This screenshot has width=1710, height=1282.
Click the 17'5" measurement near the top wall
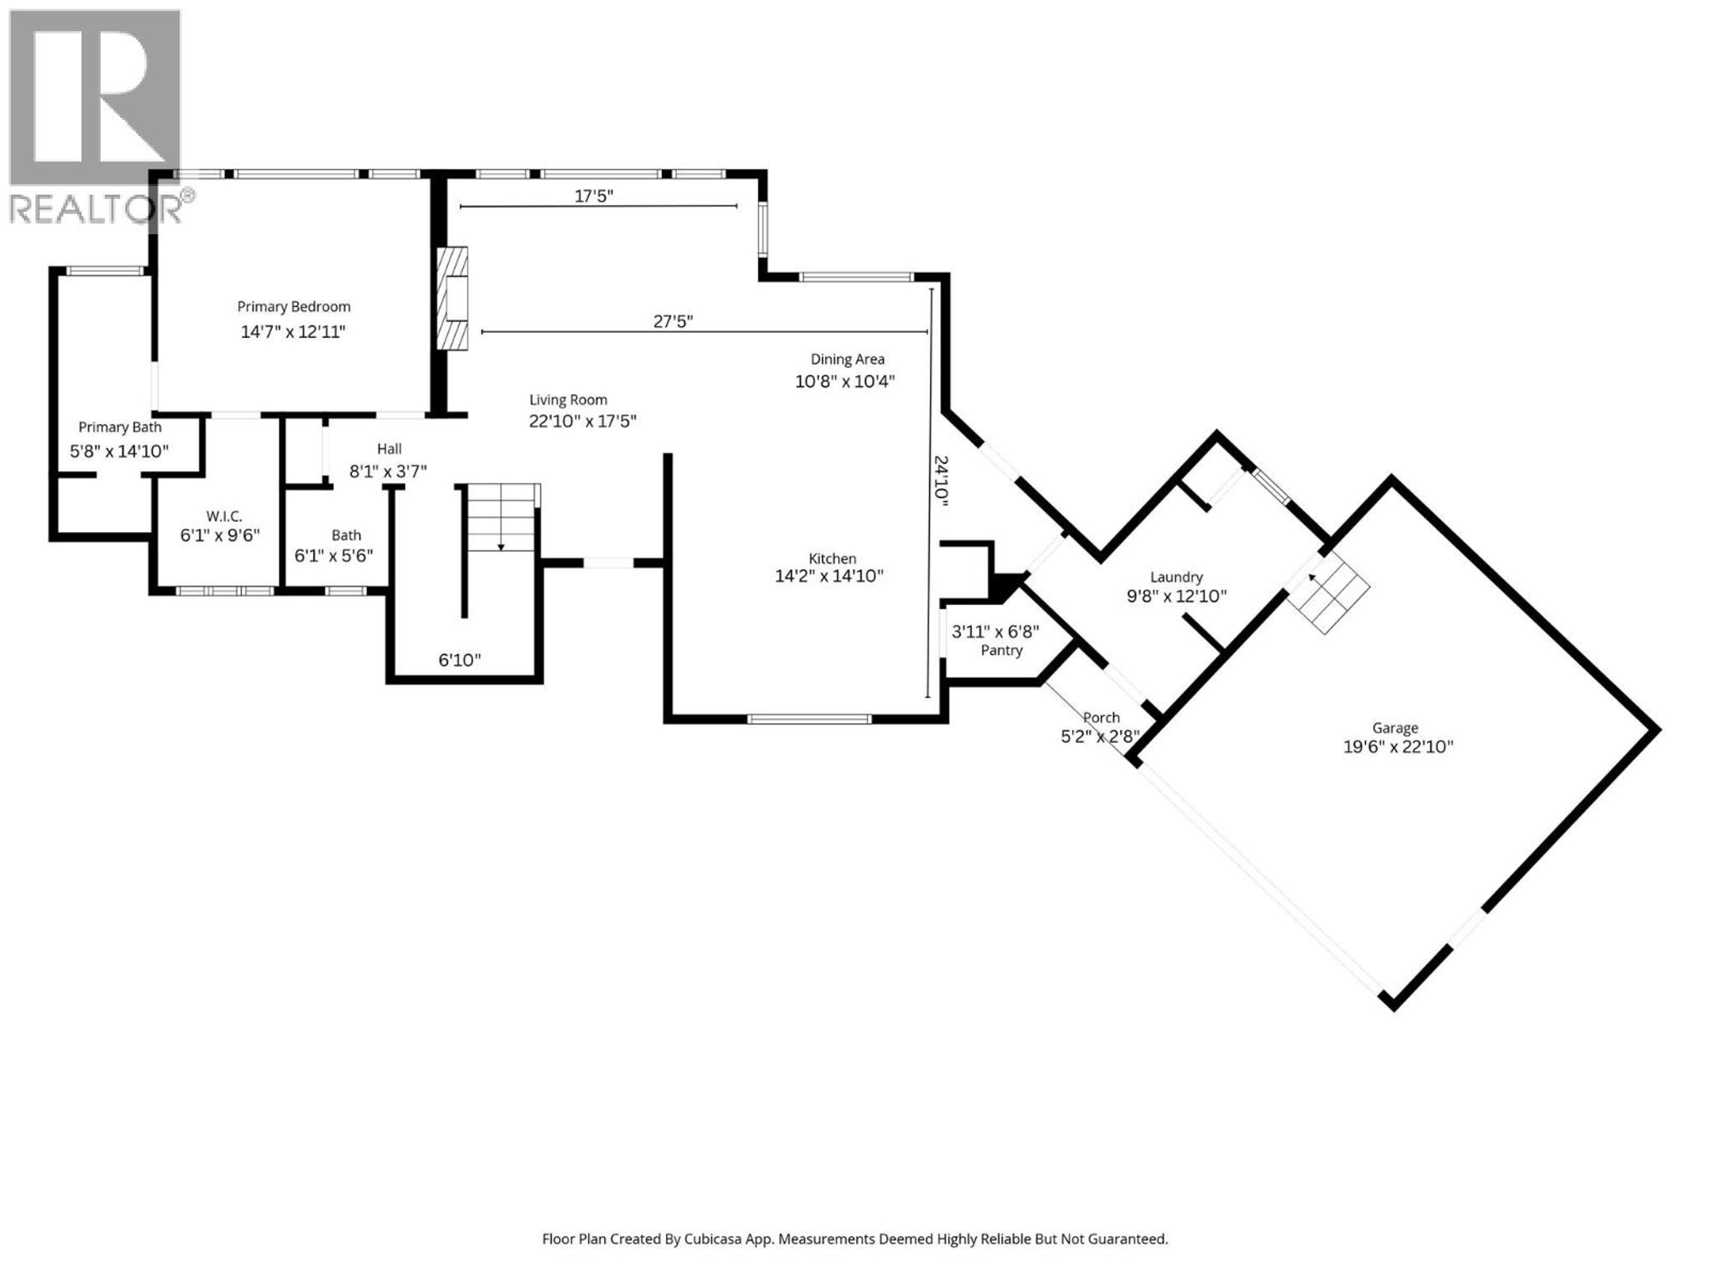click(593, 196)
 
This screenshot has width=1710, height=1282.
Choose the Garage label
click(1395, 727)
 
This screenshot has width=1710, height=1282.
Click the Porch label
click(1101, 718)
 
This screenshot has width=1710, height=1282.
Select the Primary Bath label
click(120, 427)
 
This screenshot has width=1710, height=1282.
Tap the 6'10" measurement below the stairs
click(459, 660)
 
